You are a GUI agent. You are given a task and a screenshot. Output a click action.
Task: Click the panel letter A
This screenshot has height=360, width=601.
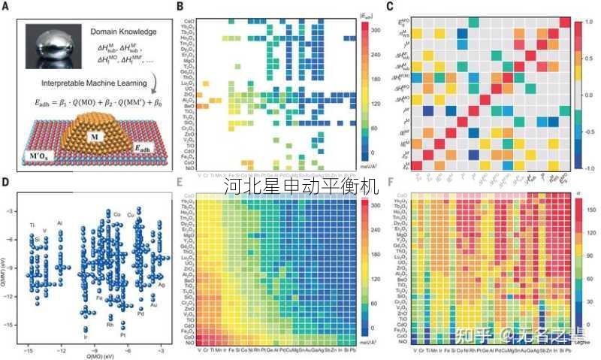pos(7,7)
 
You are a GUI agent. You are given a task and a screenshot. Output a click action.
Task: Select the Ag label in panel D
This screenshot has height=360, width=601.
pos(162,286)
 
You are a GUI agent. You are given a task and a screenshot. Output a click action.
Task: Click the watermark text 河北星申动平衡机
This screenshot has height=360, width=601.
pos(300,186)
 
